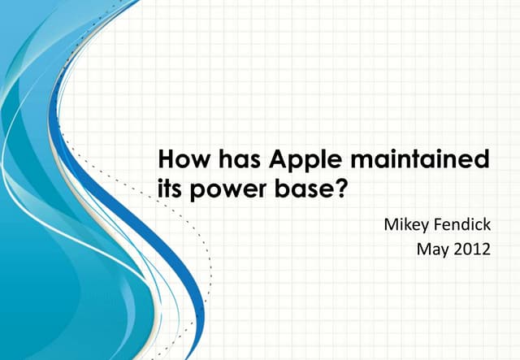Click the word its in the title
point(166,189)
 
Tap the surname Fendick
point(463,222)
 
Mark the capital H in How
point(163,158)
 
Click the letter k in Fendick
point(487,222)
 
